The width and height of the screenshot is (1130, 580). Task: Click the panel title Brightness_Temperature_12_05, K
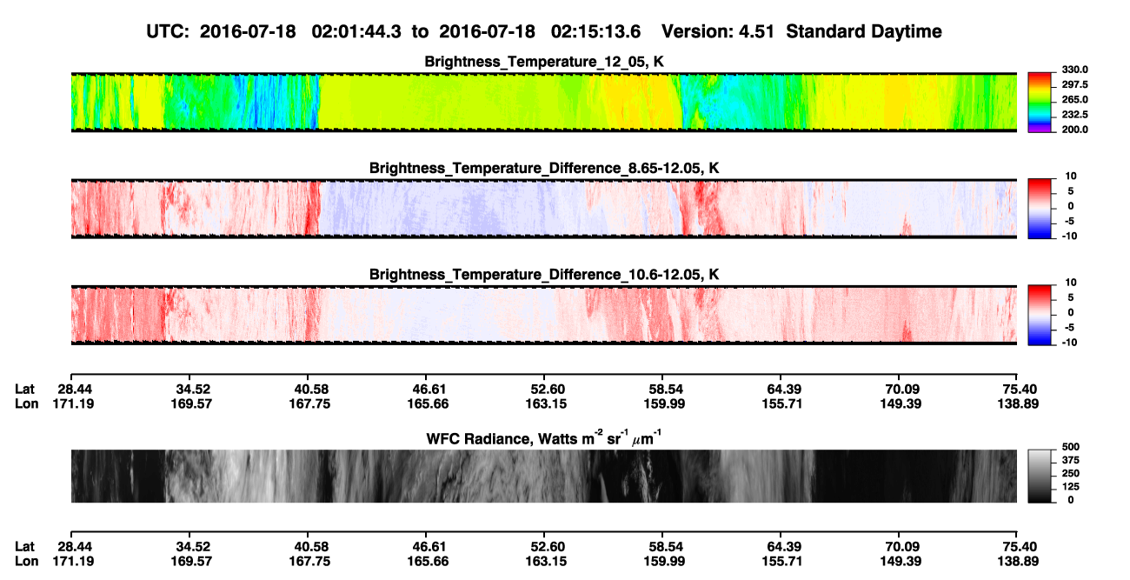point(544,62)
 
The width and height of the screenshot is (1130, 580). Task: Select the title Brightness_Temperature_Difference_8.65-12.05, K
point(544,168)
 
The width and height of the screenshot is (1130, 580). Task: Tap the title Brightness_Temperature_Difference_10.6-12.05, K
point(544,275)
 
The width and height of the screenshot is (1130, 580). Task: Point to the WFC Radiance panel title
point(544,438)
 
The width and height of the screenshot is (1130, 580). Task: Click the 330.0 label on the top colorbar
point(1074,70)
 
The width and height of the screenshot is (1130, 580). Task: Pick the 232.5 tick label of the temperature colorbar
point(1074,115)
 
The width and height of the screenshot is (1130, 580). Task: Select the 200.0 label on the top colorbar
point(1074,130)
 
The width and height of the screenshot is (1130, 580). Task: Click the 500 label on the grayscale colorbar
point(1071,447)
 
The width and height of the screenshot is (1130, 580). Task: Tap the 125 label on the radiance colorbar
point(1071,487)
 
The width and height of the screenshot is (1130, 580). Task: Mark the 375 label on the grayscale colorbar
point(1071,460)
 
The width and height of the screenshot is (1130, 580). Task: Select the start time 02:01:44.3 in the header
point(356,31)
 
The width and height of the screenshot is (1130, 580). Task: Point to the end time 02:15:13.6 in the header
point(595,31)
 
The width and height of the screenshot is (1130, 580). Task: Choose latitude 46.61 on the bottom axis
point(428,547)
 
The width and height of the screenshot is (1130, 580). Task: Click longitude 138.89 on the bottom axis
point(1018,562)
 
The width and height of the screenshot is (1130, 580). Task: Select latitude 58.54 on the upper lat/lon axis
point(664,390)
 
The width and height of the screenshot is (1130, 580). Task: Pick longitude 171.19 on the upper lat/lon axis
point(73,403)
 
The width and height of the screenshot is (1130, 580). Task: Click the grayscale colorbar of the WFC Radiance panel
point(1040,476)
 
